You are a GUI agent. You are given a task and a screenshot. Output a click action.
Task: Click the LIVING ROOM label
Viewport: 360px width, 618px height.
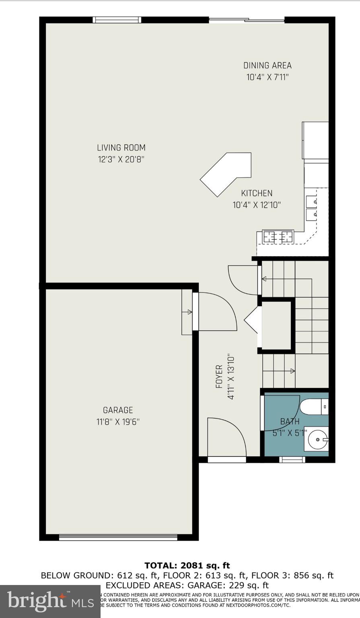(x=121, y=148)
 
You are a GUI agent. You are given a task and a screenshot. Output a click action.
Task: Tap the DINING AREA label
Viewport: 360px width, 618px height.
(x=267, y=65)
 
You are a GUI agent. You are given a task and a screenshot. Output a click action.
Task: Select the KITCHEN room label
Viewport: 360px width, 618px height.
(x=257, y=193)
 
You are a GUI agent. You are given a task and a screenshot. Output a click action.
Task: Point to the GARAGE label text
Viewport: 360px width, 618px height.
(x=118, y=410)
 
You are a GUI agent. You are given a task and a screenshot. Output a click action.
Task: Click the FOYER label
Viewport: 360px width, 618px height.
(x=219, y=377)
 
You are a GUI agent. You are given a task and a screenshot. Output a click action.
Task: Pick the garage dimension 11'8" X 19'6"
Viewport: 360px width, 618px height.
(x=118, y=422)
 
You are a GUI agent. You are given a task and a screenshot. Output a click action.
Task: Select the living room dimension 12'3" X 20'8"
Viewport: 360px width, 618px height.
(x=121, y=159)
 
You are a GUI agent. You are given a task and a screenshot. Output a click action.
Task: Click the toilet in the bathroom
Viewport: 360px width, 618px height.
(x=314, y=407)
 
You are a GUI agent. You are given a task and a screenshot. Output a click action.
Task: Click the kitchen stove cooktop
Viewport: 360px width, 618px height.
(x=278, y=237)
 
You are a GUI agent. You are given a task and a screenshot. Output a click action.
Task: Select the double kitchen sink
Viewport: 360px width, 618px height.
(x=311, y=208)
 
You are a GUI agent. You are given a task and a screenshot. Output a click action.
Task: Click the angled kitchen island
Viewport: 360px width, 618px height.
(x=227, y=173)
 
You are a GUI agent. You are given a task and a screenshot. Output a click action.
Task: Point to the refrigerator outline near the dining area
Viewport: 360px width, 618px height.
(x=315, y=140)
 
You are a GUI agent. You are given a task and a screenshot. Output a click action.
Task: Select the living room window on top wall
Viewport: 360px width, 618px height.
(x=117, y=20)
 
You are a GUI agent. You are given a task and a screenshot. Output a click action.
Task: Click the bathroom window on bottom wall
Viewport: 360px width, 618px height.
(x=292, y=459)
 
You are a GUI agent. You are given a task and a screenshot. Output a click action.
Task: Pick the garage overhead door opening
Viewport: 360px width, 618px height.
(x=118, y=537)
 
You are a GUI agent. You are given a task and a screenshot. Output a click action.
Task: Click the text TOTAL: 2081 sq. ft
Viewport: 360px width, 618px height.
(x=187, y=566)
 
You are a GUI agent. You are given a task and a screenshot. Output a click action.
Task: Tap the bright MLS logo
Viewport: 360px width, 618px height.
(x=50, y=601)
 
